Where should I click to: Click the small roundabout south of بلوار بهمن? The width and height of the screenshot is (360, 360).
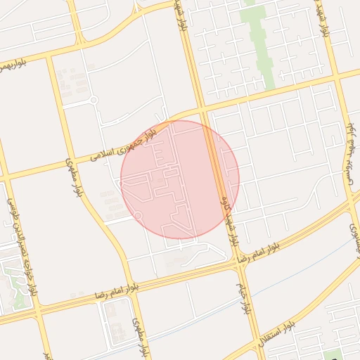[93, 101]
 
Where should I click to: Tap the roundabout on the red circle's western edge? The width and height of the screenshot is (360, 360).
[139, 214]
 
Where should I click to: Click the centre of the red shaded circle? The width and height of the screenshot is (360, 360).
[180, 179]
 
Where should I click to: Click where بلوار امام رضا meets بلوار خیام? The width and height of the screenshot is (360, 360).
[236, 264]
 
